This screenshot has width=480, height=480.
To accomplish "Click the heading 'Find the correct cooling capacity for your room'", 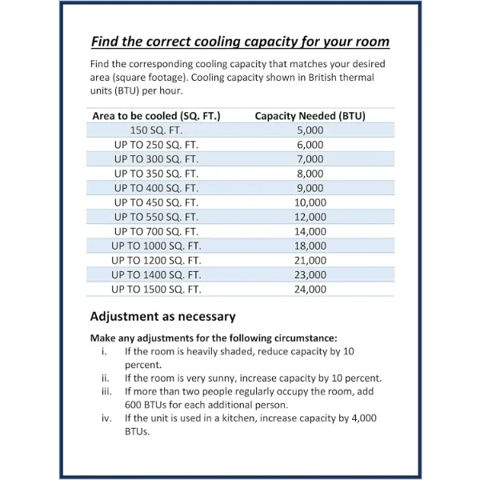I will [240, 42].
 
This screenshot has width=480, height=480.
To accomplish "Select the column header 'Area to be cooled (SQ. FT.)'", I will [156, 116].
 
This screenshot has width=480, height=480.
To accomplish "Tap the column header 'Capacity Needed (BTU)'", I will [310, 116].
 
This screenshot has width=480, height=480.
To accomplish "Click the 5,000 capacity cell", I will [310, 130].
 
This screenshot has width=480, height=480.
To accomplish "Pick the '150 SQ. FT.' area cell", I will [156, 130].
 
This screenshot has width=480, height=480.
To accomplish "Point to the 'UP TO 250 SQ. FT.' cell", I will [156, 145].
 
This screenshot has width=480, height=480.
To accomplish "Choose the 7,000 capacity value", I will [310, 159].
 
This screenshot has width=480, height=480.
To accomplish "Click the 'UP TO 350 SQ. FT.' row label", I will [156, 174].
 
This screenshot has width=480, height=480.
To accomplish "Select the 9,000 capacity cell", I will [310, 188].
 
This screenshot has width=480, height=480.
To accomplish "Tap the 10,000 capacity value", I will [310, 202].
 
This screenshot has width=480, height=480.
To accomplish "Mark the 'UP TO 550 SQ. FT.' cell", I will [156, 217].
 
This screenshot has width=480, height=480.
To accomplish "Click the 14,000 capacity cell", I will [310, 231].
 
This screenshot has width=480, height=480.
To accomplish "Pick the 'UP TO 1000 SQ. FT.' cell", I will [156, 246].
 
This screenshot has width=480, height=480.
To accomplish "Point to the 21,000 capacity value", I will [310, 260].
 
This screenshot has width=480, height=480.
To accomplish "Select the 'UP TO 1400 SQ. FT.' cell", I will [156, 274].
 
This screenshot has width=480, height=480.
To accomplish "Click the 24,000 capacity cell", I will [310, 289].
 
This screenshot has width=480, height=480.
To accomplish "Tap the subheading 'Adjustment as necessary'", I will [162, 316].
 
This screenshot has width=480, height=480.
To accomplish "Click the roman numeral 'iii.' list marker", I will [106, 391].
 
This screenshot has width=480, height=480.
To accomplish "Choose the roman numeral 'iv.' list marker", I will [106, 418].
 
